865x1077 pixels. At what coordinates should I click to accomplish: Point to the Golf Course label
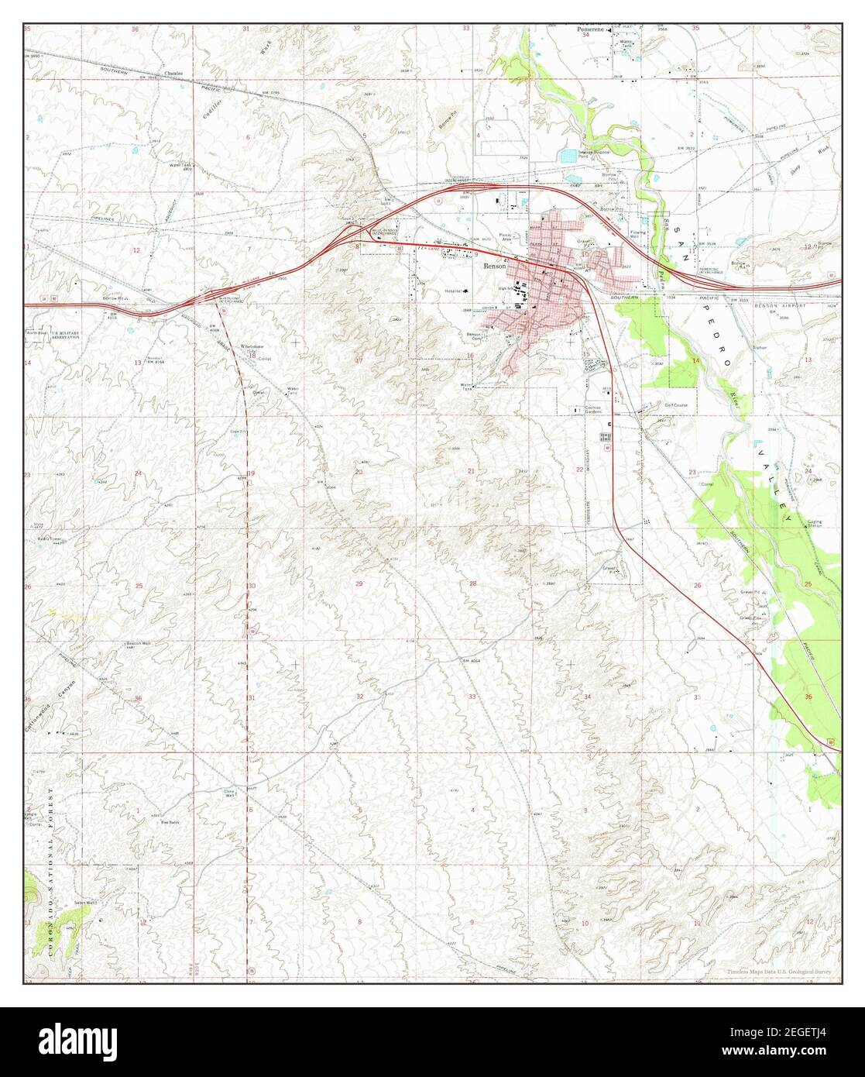click(x=675, y=405)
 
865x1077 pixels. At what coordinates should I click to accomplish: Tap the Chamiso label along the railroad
click(x=173, y=74)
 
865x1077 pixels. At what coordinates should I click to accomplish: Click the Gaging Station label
click(x=814, y=524)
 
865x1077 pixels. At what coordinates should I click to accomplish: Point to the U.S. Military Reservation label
click(x=64, y=335)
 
